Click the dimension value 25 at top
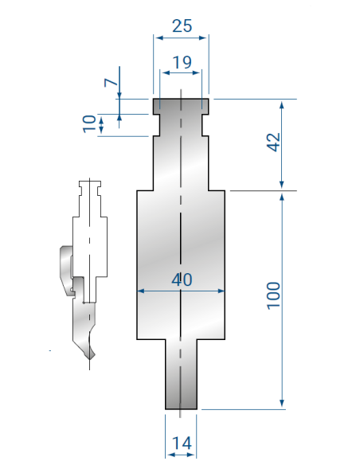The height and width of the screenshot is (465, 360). tap(182, 25)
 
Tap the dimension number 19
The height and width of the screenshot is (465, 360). tap(182, 62)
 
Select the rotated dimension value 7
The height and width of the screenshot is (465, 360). tap(111, 83)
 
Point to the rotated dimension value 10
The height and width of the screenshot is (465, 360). tap(89, 123)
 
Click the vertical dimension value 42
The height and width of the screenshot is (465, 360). tap(274, 143)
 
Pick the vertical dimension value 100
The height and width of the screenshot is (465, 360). tap(273, 296)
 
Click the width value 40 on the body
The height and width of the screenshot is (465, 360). tap(182, 279)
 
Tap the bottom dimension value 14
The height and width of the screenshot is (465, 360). tap(182, 443)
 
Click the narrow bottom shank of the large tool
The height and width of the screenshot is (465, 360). tap(181, 374)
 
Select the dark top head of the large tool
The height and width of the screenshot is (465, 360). tap(181, 106)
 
